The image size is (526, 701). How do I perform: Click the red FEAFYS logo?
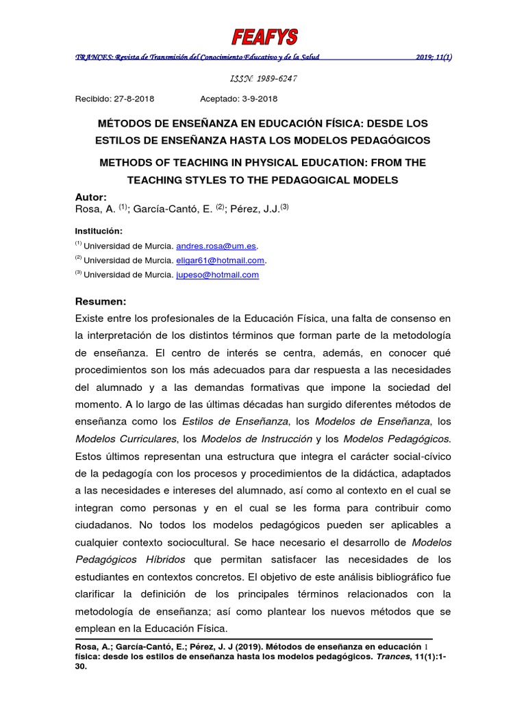coord(264,37)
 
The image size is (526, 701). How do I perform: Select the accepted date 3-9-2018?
coord(259,99)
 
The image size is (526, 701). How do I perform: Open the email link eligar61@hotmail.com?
coord(220,260)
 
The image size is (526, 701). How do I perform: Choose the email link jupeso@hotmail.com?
coord(217,275)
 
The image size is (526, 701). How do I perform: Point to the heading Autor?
coord(90,196)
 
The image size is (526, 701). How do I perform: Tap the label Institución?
coord(99,231)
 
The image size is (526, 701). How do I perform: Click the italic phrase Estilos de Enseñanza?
coord(236,420)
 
